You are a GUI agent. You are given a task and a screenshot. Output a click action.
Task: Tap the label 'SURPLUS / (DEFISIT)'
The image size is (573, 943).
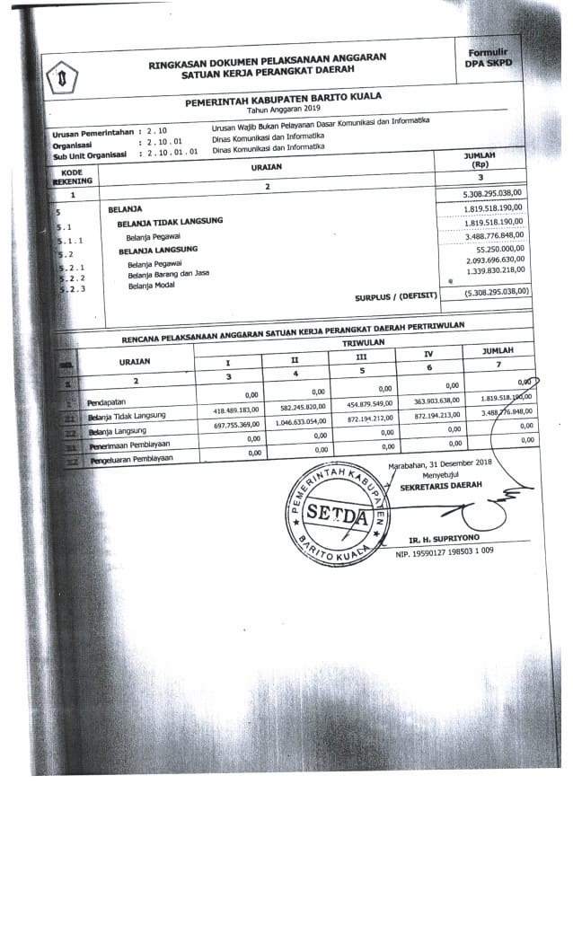pos(396,295)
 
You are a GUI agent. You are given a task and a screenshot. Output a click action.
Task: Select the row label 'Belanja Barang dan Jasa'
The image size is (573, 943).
pos(168,273)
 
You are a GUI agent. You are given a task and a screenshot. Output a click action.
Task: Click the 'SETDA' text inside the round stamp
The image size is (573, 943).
pos(336,516)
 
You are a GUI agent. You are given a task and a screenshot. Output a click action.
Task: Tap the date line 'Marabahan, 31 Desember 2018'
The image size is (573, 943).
pos(440,463)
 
